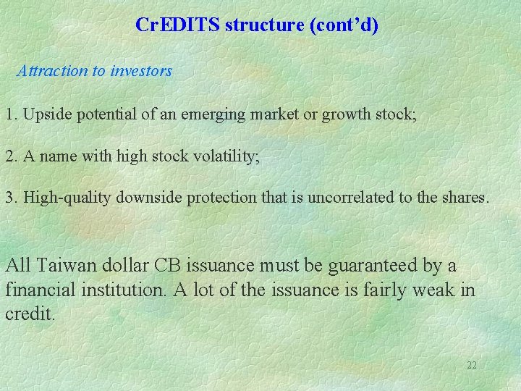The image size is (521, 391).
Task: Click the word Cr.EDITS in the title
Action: point(178,25)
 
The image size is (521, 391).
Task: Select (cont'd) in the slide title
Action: point(344,25)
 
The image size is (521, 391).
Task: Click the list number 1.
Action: point(12,114)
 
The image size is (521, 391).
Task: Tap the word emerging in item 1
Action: point(219,114)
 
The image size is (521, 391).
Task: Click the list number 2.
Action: point(12,156)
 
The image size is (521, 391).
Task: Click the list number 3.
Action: point(12,197)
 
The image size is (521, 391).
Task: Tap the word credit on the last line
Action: point(29,315)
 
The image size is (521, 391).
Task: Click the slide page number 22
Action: point(472,365)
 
